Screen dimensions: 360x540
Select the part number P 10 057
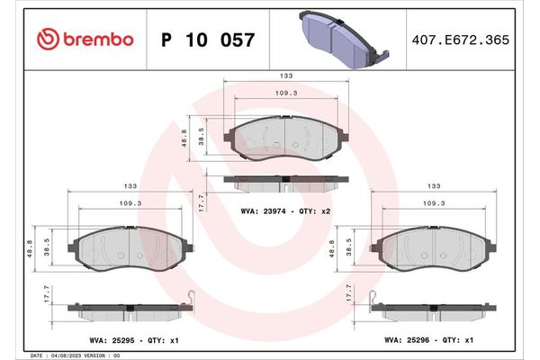click(x=207, y=40)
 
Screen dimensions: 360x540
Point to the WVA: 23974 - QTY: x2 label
click(x=285, y=211)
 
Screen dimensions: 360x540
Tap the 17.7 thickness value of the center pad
click(x=202, y=202)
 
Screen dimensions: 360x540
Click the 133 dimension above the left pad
click(x=130, y=186)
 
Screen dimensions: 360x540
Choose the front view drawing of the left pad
click(x=130, y=247)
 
